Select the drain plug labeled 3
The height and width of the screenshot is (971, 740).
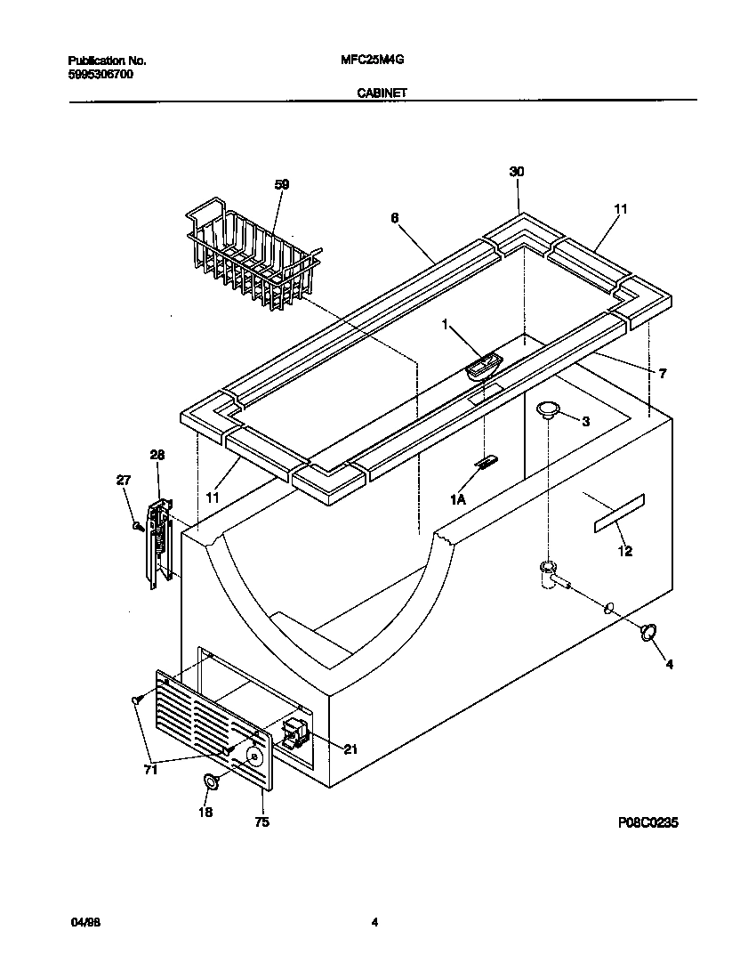click(x=549, y=409)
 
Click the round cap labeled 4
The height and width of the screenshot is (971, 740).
click(x=648, y=631)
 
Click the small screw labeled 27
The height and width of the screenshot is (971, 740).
click(x=138, y=526)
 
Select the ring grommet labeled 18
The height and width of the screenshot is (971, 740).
click(x=212, y=781)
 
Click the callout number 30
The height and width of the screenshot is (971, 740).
click(x=517, y=172)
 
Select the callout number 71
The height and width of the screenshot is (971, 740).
click(x=150, y=770)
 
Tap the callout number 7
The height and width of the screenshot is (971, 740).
click(x=663, y=374)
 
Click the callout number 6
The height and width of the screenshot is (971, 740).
click(x=393, y=216)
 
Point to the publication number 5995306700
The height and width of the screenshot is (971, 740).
click(x=101, y=75)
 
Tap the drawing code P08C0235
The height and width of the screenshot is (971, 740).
click(x=648, y=823)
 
